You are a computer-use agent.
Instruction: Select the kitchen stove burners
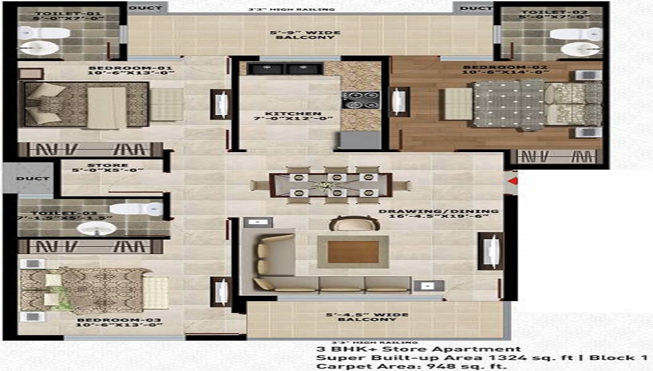tap(360, 100)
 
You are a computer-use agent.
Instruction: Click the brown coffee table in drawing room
tap(353, 252)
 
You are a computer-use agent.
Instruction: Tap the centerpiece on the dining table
tap(323, 186)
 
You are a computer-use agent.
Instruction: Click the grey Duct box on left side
tap(29, 177)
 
